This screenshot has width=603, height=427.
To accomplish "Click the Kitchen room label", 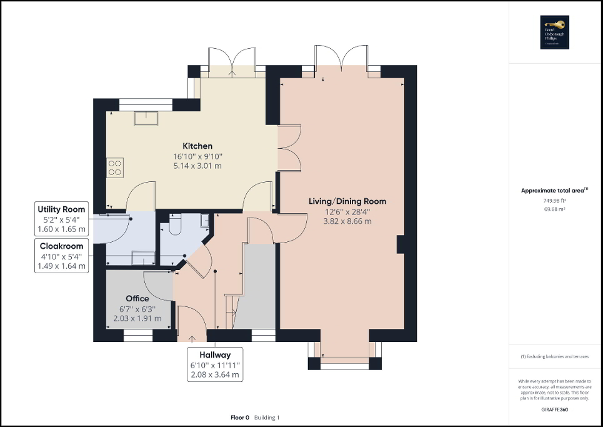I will (x=197, y=146).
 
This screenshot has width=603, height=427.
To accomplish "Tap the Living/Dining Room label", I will (x=347, y=201).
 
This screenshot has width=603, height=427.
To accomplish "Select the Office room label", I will (x=137, y=298).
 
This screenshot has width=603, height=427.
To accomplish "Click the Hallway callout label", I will (x=216, y=354).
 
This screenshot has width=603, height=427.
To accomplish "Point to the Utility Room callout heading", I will (x=61, y=209).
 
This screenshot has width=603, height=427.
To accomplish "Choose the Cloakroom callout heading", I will (x=61, y=246).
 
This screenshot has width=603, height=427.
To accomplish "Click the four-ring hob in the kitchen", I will (x=115, y=167).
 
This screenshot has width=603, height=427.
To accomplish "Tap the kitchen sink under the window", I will (x=147, y=117).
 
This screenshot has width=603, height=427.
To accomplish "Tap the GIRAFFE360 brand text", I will (x=555, y=409).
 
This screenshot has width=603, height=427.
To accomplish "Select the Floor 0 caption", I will (x=240, y=417).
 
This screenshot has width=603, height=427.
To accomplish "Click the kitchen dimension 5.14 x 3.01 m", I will (x=197, y=166).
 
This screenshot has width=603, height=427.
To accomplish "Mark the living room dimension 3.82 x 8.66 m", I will (x=347, y=221).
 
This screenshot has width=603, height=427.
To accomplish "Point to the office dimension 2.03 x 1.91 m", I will (x=137, y=318).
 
